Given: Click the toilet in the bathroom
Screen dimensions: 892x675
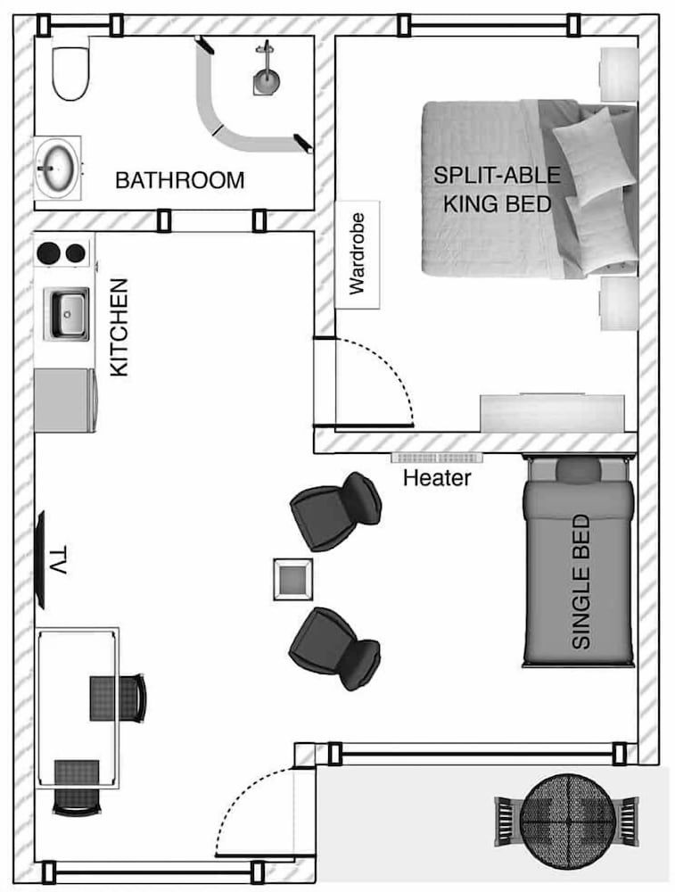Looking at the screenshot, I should pos(70,73).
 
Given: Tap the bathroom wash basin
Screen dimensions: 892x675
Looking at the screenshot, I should pos(57,166).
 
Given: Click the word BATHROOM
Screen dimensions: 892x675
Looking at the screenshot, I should pos(179,181).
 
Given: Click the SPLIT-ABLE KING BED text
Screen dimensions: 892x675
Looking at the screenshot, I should pos(492,189).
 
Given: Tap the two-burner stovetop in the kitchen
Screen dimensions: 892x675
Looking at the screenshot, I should pos(62,252).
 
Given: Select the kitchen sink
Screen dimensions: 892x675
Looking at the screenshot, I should pos(68,313).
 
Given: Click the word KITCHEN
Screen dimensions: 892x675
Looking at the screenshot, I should pos(119,327).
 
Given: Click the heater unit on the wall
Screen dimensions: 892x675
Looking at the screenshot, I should pos(436,458).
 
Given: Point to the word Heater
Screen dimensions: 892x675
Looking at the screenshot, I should pos(436,478).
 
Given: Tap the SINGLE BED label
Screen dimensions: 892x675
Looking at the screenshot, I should pos(580,581).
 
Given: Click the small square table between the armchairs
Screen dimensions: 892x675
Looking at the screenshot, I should pos(292,580).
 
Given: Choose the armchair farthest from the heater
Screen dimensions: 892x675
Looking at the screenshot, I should pos(334,648).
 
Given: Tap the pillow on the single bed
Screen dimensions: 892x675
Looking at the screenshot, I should pos(580,470).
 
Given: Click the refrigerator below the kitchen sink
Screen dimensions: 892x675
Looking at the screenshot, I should pos(64,401).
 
